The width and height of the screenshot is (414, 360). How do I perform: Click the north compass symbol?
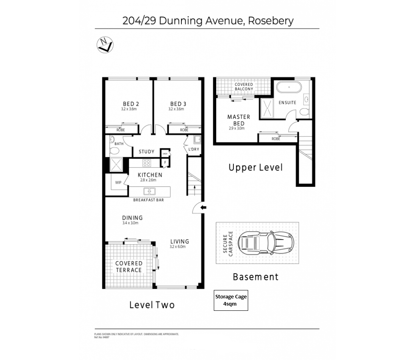[105, 44]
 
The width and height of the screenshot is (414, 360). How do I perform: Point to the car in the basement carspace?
[266, 242]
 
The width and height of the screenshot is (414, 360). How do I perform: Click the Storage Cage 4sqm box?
[231, 300]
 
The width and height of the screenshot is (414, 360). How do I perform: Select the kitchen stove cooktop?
[147, 163]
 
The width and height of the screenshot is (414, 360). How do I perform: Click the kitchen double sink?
[149, 191]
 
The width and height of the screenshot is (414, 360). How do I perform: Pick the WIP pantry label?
[118, 182]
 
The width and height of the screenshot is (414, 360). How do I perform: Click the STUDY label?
[146, 152]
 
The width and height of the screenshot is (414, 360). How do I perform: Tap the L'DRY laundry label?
[193, 150]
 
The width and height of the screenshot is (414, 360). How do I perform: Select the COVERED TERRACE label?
[129, 266]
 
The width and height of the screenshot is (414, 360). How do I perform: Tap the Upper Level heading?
[255, 167]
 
